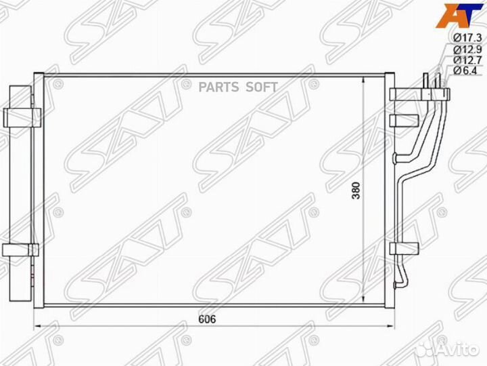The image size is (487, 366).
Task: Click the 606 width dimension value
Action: pyautogui.click(x=207, y=319)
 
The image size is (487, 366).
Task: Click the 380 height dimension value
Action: pyautogui.click(x=356, y=190)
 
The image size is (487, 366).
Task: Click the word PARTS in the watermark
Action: pyautogui.click(x=218, y=87)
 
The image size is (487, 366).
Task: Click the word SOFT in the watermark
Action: pyautogui.click(x=262, y=87)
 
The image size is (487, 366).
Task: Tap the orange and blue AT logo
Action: pyautogui.click(x=459, y=15)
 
